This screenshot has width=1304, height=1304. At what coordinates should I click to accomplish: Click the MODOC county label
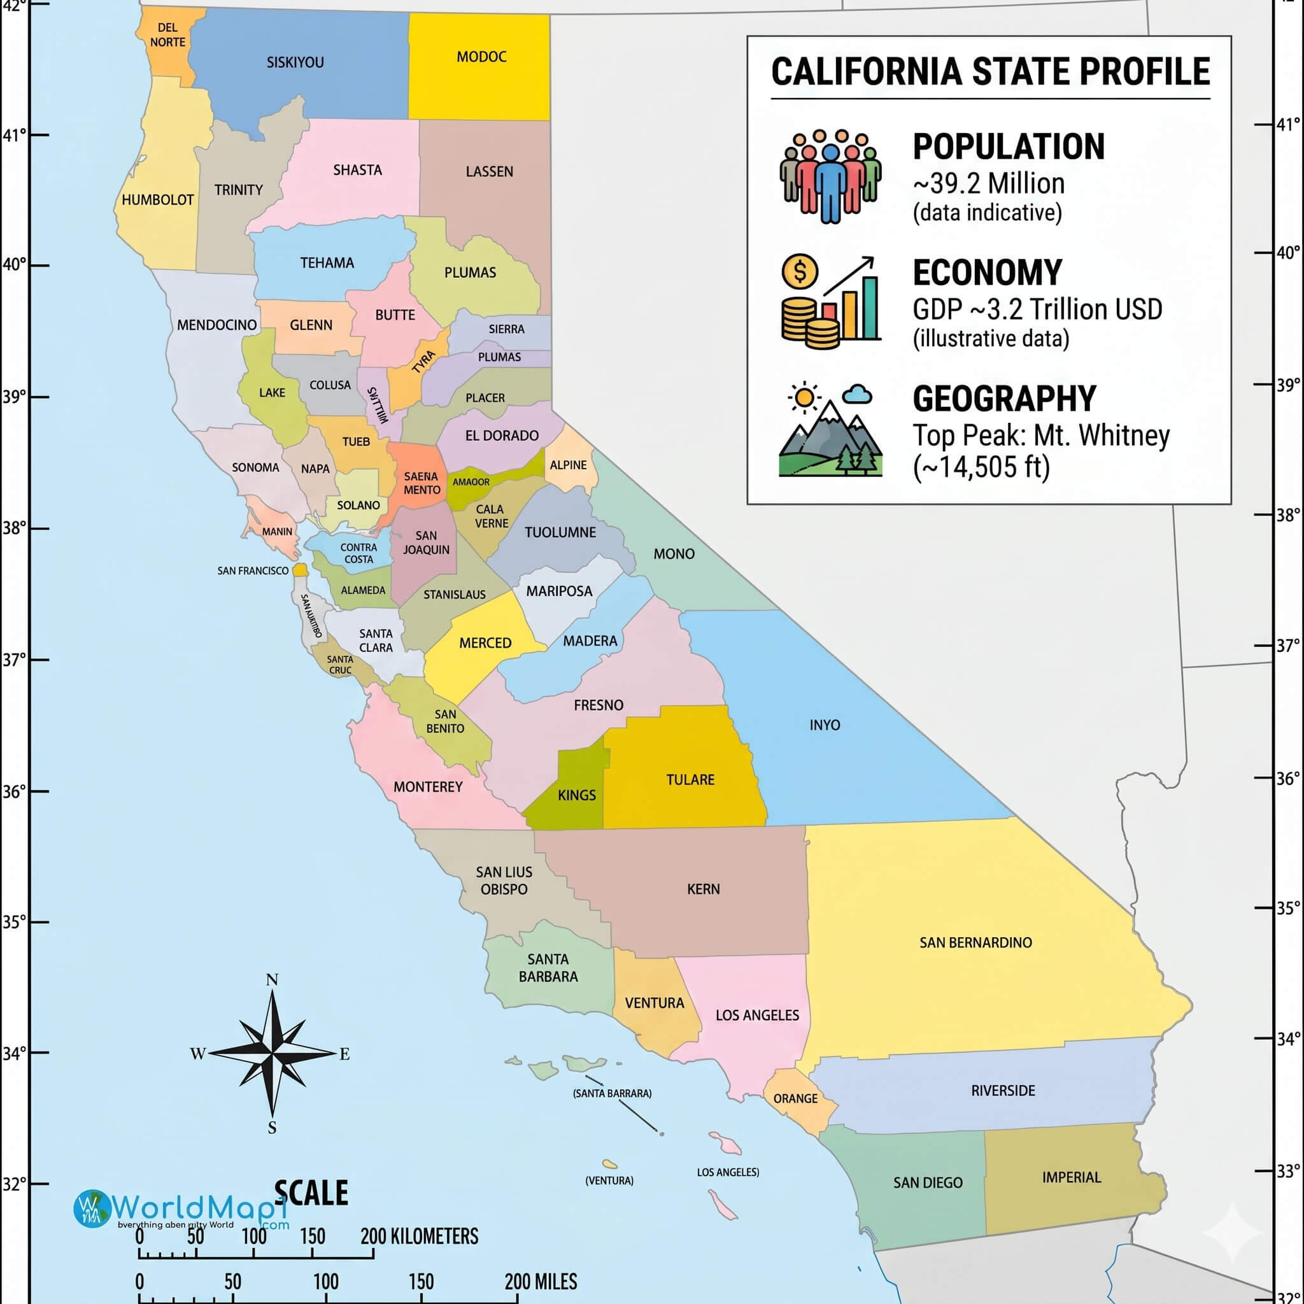tap(481, 57)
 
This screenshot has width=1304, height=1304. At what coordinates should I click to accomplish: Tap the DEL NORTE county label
tap(167, 35)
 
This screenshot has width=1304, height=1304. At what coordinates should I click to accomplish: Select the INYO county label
tap(825, 725)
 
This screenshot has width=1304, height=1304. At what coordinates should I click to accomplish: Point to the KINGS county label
tap(576, 795)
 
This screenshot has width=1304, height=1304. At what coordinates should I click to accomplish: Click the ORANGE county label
tap(795, 1099)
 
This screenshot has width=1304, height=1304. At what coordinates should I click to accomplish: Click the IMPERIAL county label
tap(1071, 1178)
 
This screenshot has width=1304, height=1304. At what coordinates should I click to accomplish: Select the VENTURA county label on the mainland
tap(654, 1003)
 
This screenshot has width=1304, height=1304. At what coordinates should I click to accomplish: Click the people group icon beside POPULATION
tap(830, 176)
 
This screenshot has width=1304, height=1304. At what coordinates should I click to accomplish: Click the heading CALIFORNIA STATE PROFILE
tap(990, 71)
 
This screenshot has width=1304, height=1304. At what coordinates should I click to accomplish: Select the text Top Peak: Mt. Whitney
tap(1041, 436)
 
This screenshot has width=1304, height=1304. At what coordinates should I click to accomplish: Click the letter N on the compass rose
tap(272, 980)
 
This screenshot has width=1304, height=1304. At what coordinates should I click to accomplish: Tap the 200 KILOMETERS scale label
tap(419, 1237)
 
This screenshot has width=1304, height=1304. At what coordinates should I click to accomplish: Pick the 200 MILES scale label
tap(541, 1282)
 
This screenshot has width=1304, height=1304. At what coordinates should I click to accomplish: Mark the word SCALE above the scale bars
tap(311, 1193)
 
